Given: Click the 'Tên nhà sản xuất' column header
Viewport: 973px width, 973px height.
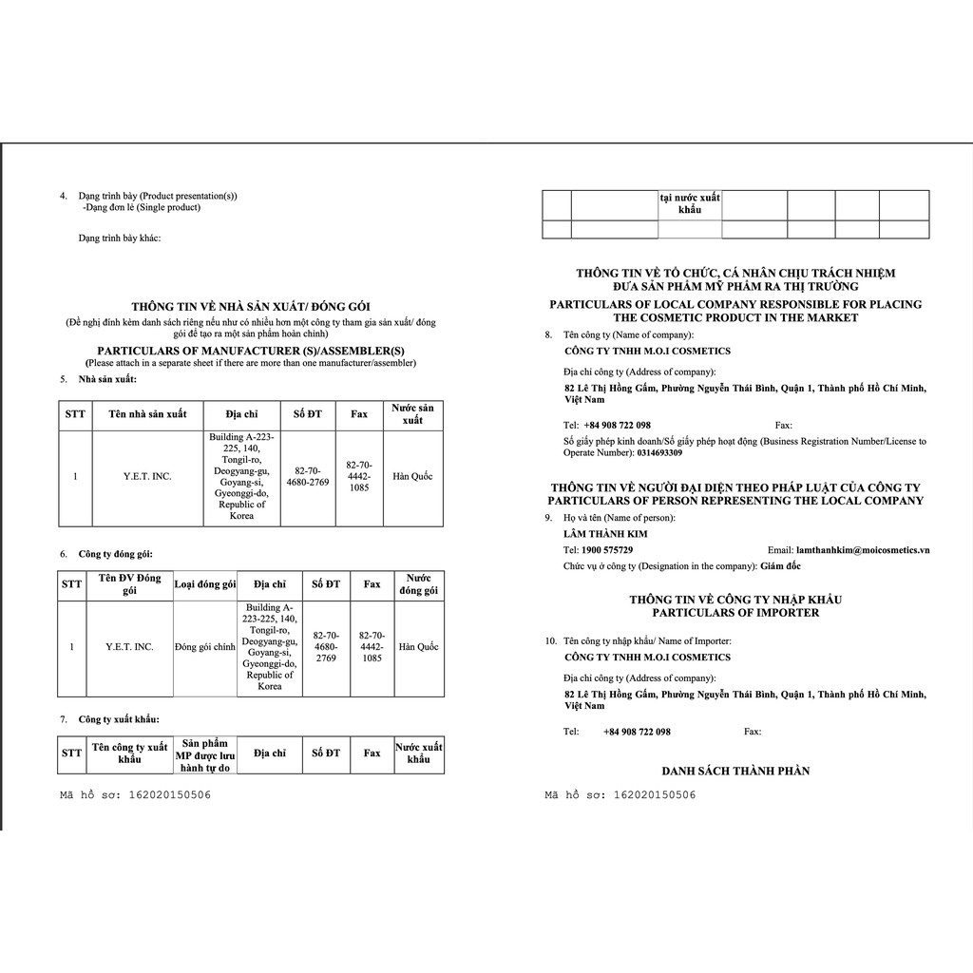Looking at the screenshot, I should tap(147, 414).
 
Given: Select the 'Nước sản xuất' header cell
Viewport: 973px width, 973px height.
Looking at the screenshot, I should tap(412, 414).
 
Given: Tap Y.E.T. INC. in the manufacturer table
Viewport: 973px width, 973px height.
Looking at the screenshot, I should tap(147, 476).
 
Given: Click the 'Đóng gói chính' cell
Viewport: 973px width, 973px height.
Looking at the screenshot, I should tap(205, 647).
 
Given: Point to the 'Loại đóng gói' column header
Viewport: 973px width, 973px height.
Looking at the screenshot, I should tap(204, 584).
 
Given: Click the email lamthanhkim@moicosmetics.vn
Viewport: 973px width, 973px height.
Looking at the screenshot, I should tap(863, 550).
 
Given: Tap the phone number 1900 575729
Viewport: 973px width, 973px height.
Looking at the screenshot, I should tap(608, 550).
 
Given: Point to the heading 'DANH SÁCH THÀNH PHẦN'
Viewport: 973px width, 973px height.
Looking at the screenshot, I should tap(735, 771).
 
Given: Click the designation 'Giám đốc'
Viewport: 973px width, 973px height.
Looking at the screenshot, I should tap(781, 566).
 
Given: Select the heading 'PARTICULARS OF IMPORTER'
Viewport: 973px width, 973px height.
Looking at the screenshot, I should tap(735, 613).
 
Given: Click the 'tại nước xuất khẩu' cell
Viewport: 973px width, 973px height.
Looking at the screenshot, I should tap(690, 203).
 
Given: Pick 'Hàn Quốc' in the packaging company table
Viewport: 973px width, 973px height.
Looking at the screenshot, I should tap(419, 647).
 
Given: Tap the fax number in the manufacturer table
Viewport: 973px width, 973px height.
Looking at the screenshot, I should tap(359, 476).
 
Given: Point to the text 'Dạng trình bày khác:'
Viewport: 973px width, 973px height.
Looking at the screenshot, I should tap(120, 238).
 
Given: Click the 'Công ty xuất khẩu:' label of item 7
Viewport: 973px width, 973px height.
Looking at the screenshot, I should tap(119, 719).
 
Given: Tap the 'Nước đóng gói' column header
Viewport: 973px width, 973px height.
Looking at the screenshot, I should tap(419, 584).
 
